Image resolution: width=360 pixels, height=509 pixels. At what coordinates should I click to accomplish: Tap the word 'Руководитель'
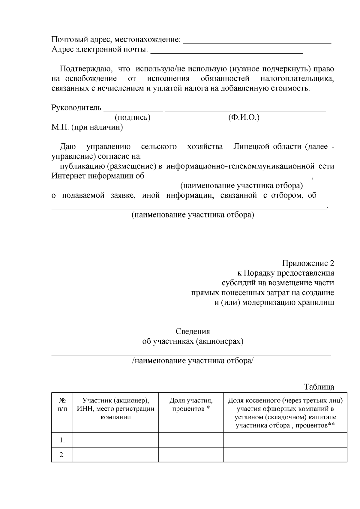[x=76, y=108]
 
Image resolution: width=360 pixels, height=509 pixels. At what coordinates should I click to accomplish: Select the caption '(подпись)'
[x=133, y=117]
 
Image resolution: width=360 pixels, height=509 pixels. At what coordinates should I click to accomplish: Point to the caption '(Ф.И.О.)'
[x=244, y=117]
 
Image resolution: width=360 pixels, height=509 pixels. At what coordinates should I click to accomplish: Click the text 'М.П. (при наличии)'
[x=87, y=127]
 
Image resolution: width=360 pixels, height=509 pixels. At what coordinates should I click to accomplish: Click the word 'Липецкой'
[x=252, y=147]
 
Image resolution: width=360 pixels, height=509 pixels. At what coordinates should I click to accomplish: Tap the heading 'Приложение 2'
[x=308, y=263]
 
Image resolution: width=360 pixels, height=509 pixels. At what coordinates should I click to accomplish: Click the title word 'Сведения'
[x=193, y=331]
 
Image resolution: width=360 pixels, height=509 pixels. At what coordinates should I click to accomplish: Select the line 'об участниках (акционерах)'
[x=193, y=341]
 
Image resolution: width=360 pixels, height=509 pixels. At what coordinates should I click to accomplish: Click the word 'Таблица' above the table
[x=319, y=387]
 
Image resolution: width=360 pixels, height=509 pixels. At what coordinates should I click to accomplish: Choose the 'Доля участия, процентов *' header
[x=191, y=405]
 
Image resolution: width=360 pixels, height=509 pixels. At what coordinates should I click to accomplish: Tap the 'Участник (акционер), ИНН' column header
[x=116, y=409]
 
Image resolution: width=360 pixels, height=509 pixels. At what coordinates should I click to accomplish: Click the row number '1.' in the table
[x=62, y=440]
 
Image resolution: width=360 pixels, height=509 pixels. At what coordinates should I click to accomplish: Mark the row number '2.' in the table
[x=62, y=455]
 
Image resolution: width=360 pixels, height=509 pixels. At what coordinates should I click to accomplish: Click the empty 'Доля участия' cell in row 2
[x=191, y=455]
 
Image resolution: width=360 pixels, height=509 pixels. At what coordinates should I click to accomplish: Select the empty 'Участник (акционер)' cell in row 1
[x=116, y=440]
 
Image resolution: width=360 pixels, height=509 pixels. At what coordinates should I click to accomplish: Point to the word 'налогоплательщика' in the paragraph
[x=297, y=79]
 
